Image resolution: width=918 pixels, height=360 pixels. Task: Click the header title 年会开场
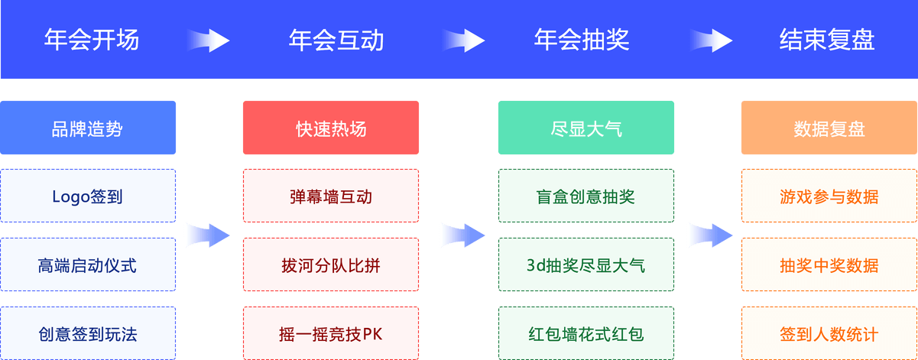point(92,40)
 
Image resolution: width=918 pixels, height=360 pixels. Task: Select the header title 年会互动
point(336,40)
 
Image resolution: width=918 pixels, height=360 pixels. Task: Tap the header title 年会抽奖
point(582,40)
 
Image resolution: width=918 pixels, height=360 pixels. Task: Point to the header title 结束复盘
point(827,40)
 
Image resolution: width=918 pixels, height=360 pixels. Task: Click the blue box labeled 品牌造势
point(88,128)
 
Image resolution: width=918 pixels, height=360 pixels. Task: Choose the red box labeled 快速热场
point(331,128)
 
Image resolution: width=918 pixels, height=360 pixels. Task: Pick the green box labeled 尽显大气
point(586,128)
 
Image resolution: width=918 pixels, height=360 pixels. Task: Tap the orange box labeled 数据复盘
point(829,128)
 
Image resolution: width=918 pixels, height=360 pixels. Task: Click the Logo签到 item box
point(88,196)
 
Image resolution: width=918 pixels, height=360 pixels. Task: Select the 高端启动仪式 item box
point(88,265)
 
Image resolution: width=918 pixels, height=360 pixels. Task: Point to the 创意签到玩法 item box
point(88,334)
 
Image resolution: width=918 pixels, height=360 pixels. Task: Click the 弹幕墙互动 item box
point(331,196)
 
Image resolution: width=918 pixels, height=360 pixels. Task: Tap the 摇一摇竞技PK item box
point(331,334)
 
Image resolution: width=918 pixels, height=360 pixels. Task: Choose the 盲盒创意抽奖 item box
point(586,196)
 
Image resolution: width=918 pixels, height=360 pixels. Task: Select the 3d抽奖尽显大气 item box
point(586,265)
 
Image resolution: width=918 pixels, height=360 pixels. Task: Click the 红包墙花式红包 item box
point(586,334)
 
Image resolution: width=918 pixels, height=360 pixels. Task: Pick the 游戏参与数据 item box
point(829,196)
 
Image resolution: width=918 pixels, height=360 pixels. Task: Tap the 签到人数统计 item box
point(829,334)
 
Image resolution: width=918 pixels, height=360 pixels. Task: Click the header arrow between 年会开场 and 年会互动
point(208,40)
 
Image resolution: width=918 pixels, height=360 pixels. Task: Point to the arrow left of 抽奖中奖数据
point(710,235)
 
